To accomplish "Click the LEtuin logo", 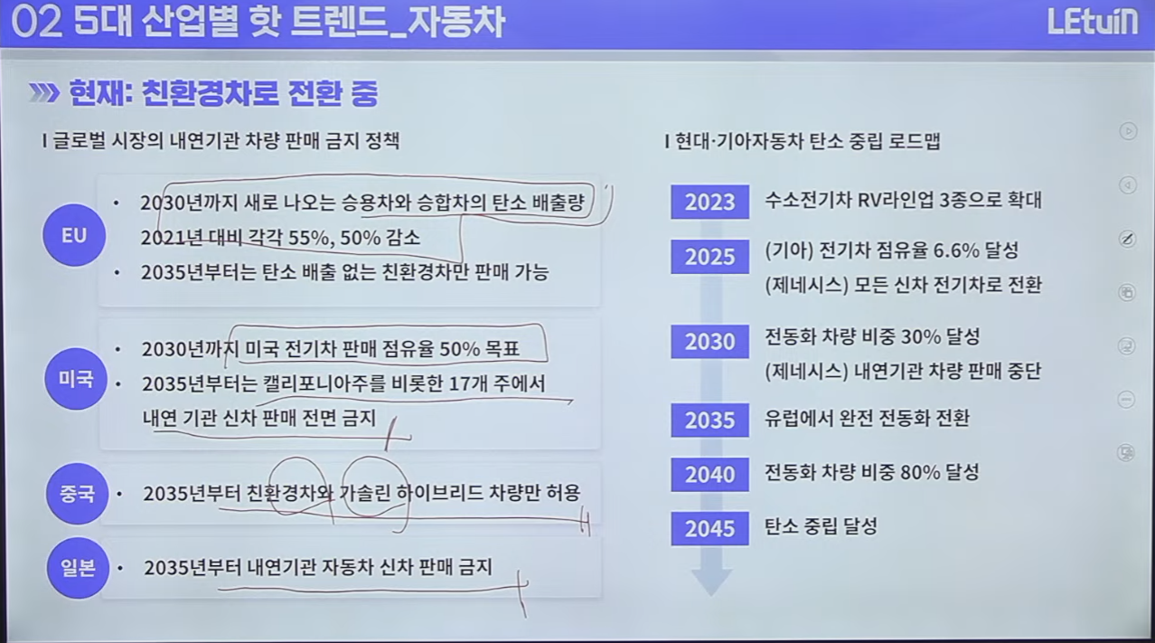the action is tap(1093, 23).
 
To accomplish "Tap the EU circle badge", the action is tap(74, 235).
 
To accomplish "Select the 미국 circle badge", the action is tap(76, 379).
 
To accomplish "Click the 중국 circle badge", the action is tap(78, 494).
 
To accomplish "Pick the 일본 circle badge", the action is tap(79, 568).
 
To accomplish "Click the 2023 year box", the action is tap(710, 202).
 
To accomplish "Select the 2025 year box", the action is tap(710, 257).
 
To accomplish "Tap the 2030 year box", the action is tap(710, 342).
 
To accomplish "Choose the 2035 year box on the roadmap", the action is tap(710, 420).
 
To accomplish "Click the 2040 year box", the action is tap(710, 474).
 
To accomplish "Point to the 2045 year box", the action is tap(710, 528).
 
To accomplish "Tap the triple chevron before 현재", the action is tap(43, 93).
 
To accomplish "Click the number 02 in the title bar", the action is tap(36, 23).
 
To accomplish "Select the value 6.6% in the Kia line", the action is tap(956, 251).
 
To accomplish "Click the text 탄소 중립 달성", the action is tap(821, 526).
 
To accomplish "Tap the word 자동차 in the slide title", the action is tap(455, 23).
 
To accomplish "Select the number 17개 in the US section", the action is tap(467, 383).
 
